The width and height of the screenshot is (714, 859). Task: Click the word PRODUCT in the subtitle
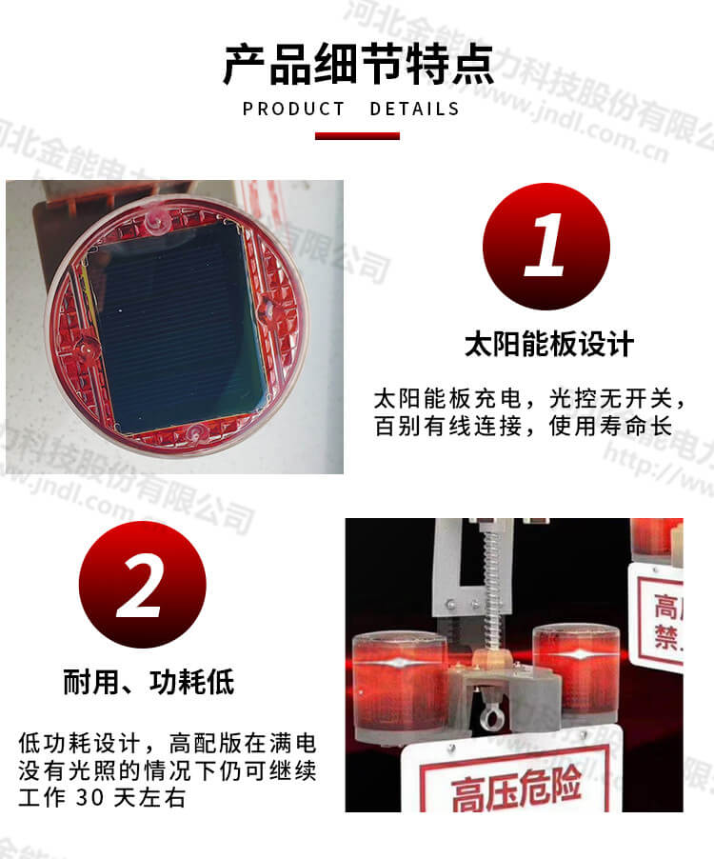(294, 109)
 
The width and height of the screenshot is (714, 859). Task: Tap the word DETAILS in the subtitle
(414, 109)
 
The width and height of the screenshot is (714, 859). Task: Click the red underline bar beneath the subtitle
(357, 135)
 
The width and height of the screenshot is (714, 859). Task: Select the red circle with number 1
(545, 247)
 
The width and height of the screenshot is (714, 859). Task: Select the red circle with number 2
(142, 585)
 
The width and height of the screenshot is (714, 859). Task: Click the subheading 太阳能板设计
(548, 343)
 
